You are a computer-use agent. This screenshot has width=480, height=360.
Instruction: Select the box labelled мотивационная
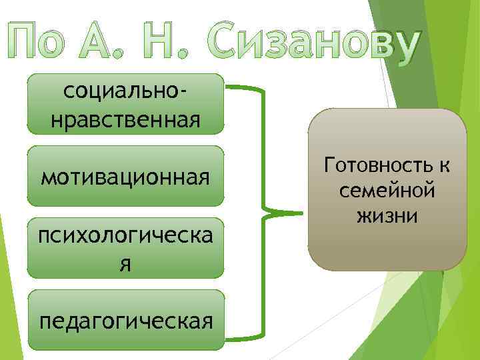click(x=125, y=176)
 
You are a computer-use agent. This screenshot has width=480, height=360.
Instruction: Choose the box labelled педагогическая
click(x=125, y=321)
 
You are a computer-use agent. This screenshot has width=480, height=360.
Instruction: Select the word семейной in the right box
click(x=387, y=190)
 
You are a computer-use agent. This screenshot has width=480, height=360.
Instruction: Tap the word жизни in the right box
click(x=387, y=216)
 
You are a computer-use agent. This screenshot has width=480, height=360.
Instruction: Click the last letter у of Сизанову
click(x=404, y=45)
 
